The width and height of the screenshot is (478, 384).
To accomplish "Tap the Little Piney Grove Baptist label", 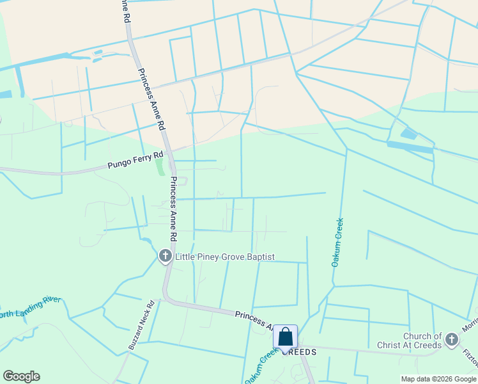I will point(225,257).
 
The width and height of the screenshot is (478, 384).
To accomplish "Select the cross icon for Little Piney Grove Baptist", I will point(165,257).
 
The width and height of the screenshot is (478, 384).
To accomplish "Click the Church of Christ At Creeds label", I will point(422,340).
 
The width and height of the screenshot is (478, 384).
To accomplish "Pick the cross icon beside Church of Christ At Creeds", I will point(452,339).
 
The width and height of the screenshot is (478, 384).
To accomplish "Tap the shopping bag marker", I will point(285,337).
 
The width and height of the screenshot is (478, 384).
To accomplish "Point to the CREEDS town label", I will point(304,353).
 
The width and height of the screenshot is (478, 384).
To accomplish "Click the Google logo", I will point(21,376).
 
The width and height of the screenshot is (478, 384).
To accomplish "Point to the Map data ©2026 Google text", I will point(438,379).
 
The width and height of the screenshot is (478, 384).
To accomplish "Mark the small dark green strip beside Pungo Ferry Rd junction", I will point(159,166).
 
